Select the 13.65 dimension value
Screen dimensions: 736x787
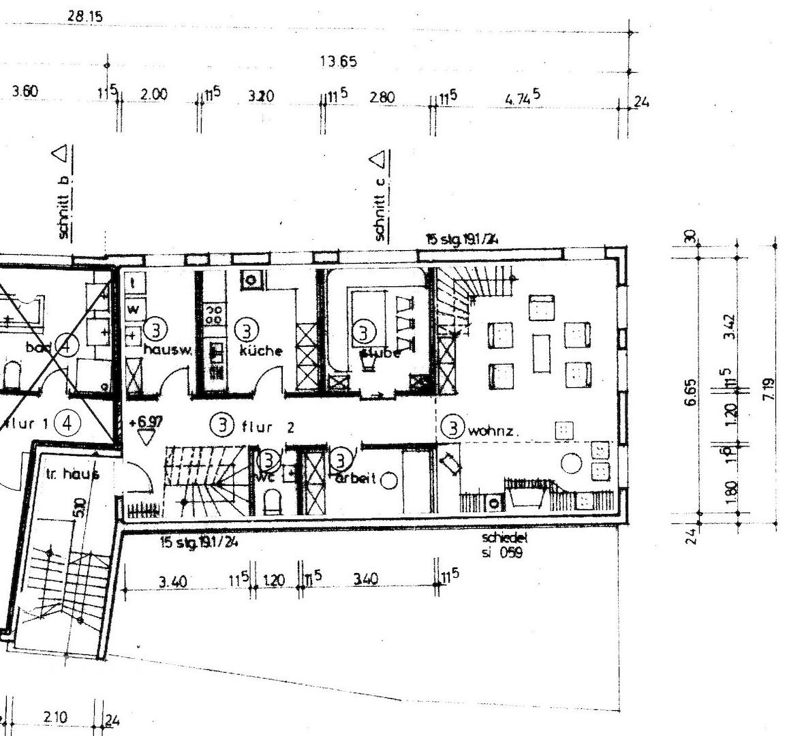click(x=338, y=62)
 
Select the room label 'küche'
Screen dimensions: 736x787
click(x=260, y=351)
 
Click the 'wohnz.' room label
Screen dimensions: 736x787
click(x=493, y=430)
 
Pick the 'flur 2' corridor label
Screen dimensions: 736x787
click(x=268, y=427)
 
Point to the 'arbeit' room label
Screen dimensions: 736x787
click(x=355, y=478)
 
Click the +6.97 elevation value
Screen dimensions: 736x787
click(x=146, y=423)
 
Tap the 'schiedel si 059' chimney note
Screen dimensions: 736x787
click(x=504, y=545)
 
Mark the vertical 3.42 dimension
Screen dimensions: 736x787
click(x=730, y=327)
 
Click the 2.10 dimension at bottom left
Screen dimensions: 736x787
click(x=55, y=718)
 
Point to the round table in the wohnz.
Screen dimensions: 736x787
click(x=571, y=464)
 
